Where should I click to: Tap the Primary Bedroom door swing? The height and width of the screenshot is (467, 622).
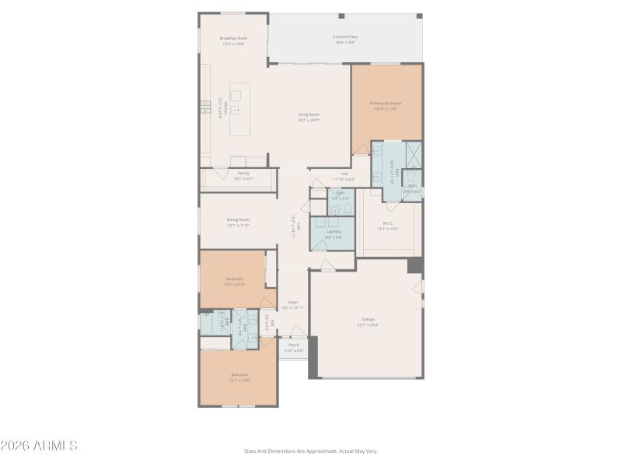[359, 147]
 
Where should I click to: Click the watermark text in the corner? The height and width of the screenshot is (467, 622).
[39, 446]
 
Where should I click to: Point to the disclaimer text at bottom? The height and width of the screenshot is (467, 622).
[311, 451]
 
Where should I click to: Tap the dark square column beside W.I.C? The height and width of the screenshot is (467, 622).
[415, 265]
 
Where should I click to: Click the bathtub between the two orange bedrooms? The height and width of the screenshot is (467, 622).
[210, 322]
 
